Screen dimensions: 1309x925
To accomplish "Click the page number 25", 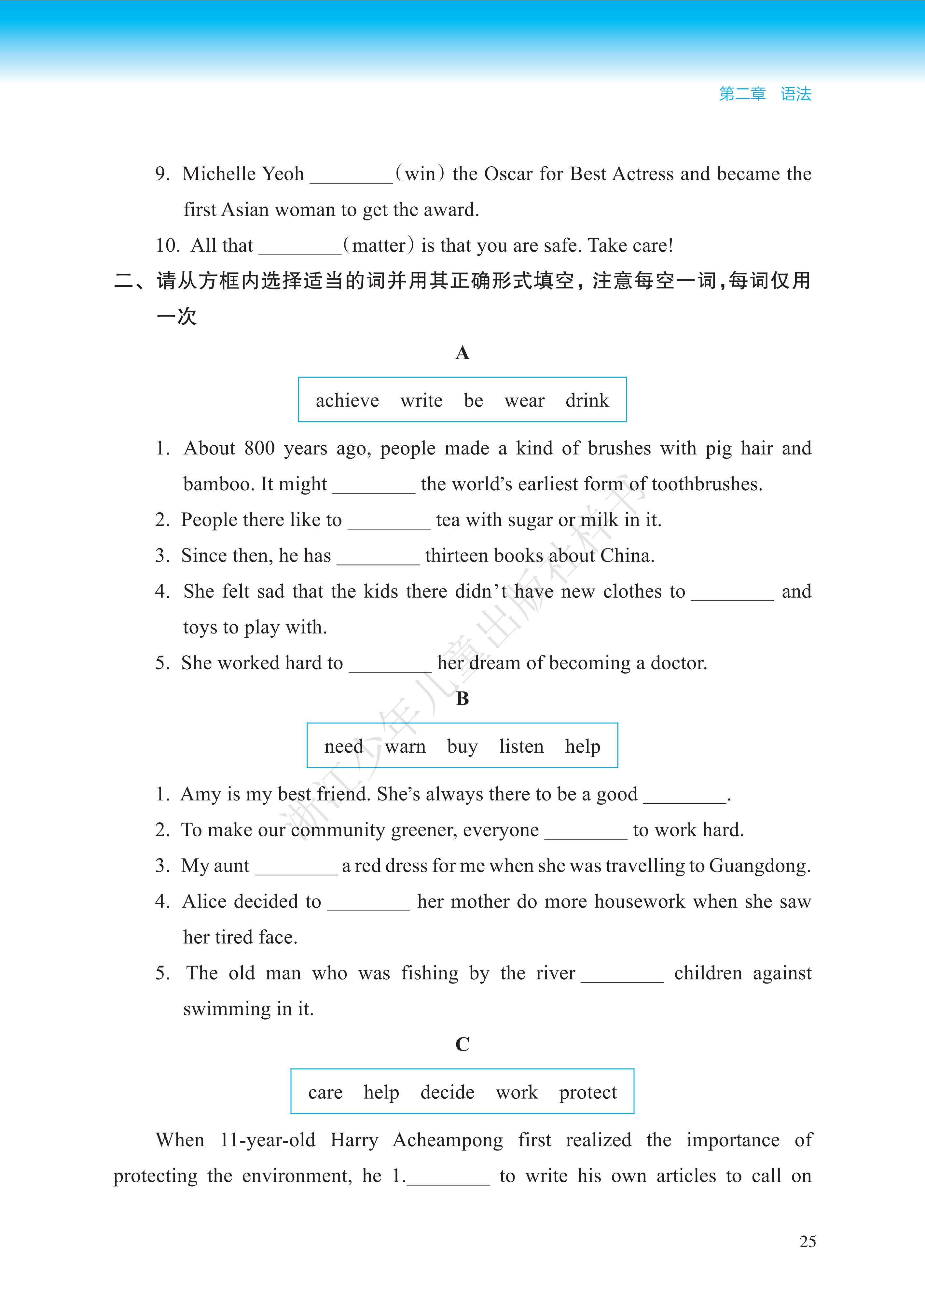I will pyautogui.click(x=807, y=1241).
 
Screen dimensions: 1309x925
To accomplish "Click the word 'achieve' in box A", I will pyautogui.click(x=347, y=401).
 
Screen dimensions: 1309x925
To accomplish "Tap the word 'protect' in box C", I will pyautogui.click(x=587, y=1093).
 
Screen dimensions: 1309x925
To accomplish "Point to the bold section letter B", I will pyautogui.click(x=462, y=698).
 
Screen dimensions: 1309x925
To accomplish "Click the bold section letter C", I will pyautogui.click(x=462, y=1044).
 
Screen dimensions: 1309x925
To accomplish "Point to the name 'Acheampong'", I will pyautogui.click(x=448, y=1140).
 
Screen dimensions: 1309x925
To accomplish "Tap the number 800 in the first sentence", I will pyautogui.click(x=259, y=449).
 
